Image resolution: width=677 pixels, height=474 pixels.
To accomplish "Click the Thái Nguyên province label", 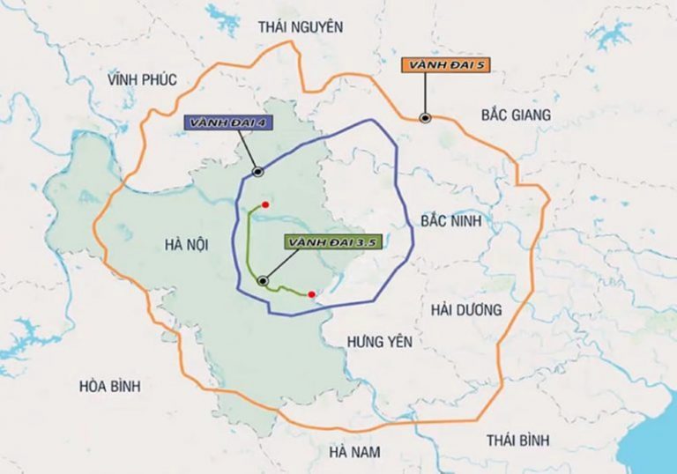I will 300,26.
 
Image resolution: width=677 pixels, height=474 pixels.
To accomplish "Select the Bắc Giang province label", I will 516,115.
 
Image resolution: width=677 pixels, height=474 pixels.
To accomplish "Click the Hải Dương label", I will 465,309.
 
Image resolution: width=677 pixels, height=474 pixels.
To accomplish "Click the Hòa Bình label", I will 109,386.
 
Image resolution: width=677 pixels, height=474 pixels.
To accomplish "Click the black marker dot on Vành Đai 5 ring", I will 425,117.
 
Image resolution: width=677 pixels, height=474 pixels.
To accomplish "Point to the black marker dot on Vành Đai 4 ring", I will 257,172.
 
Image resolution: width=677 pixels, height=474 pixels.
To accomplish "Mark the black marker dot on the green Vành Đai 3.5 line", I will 263,281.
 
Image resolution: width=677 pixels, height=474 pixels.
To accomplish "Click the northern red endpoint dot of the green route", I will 264,204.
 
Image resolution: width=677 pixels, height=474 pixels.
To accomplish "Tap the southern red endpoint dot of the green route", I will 311,294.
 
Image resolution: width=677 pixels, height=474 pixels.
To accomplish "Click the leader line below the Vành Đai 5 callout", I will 425,95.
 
